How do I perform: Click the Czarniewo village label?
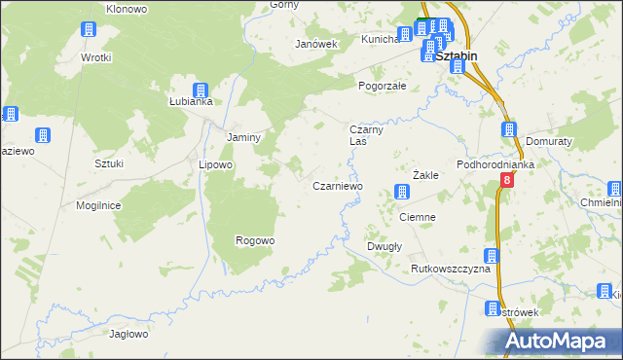click(x=337, y=186)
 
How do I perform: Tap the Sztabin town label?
click(x=457, y=56)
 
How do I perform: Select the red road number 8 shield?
click(x=507, y=181)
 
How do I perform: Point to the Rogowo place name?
click(x=255, y=240)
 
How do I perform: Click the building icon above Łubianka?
click(x=201, y=90)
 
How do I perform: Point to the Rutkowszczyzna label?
click(x=449, y=268)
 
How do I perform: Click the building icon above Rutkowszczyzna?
click(x=492, y=256)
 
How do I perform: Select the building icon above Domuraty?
click(x=509, y=129)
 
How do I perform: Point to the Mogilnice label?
click(x=98, y=205)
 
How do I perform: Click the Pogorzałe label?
click(x=387, y=86)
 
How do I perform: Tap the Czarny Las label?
click(x=369, y=135)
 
